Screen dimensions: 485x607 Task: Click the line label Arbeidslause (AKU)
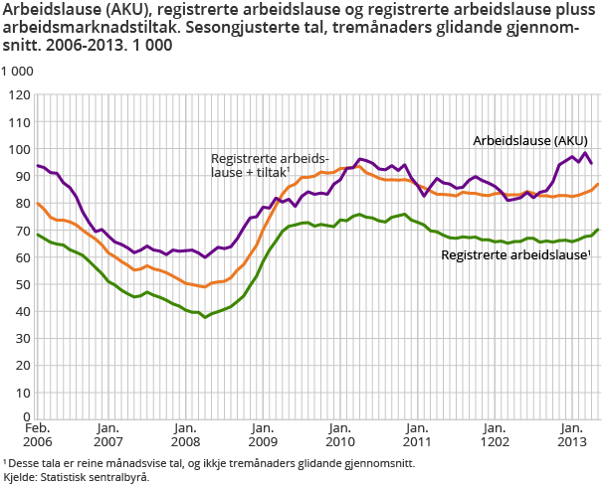pos(529,140)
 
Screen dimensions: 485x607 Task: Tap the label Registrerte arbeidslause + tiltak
pos(269,165)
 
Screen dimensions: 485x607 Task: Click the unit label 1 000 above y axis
pos(17,73)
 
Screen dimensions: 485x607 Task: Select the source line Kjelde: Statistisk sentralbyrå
pos(76,477)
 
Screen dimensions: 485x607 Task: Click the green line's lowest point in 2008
pos(205,316)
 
